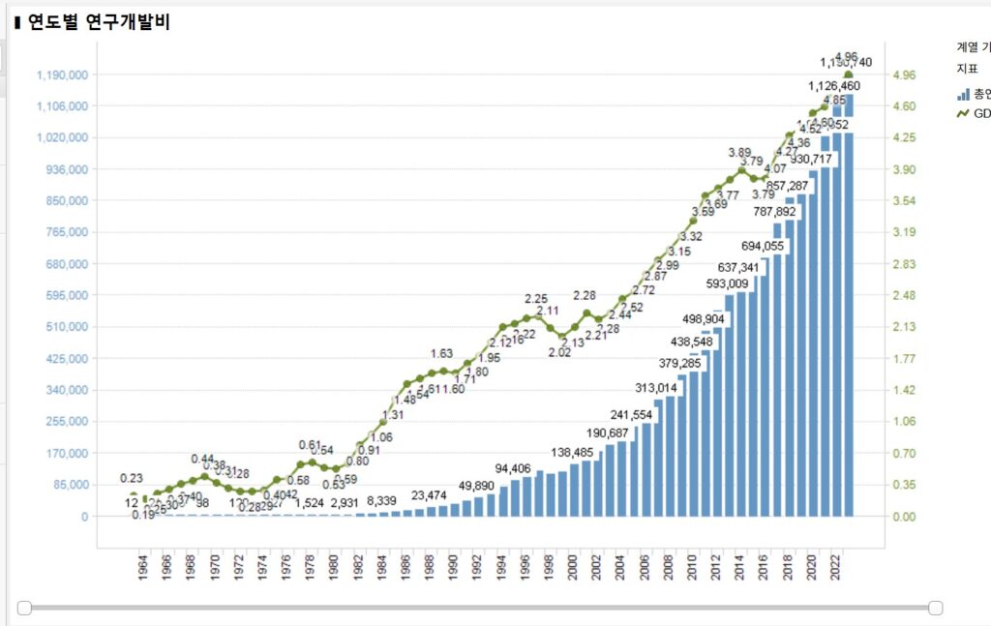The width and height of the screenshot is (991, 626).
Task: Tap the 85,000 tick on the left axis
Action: point(69,485)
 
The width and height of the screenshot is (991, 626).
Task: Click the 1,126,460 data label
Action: point(834,86)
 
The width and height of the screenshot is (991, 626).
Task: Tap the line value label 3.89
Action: point(739,152)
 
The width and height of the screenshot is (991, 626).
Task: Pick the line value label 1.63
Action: point(441,353)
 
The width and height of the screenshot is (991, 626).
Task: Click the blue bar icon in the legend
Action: point(963,94)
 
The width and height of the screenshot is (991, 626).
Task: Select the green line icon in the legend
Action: point(963,113)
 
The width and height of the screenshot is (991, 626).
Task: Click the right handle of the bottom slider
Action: point(936,608)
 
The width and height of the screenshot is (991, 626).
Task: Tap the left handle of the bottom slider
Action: point(24,608)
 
